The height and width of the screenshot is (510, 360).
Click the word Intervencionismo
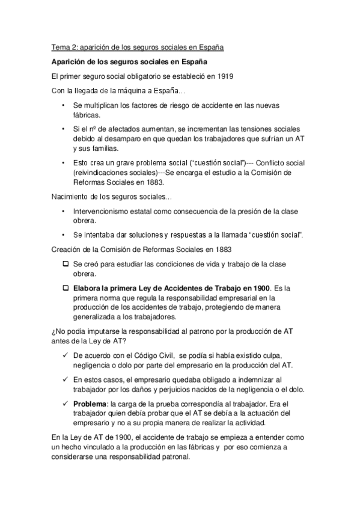pos(106,212)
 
